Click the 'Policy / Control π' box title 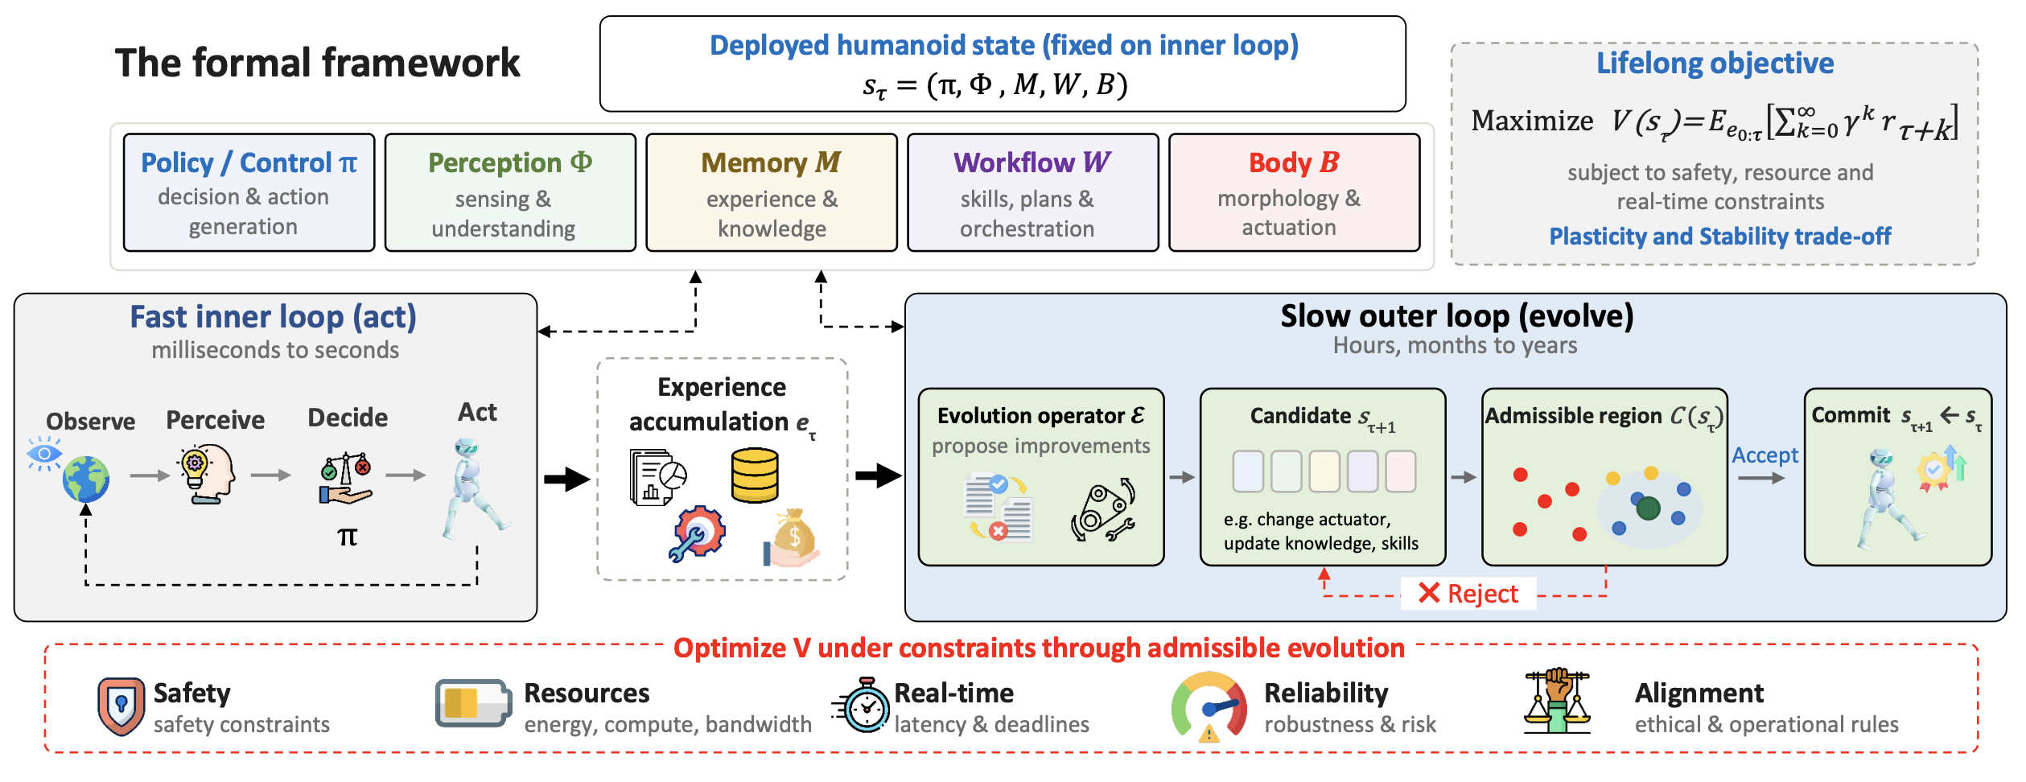click(249, 163)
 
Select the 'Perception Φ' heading click(510, 163)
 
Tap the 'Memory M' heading click(771, 163)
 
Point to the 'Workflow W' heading click(1032, 163)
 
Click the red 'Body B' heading click(1294, 163)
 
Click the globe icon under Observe click(86, 479)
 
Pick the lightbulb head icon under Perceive click(207, 475)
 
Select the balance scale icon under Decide click(346, 479)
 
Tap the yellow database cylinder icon click(755, 475)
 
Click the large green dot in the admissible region click(1649, 508)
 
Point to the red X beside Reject click(1429, 593)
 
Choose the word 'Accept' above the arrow click(1765, 455)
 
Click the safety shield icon click(121, 706)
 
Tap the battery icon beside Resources click(473, 704)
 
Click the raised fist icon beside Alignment click(1557, 701)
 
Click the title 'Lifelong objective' click(1715, 63)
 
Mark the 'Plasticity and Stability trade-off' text click(1720, 237)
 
